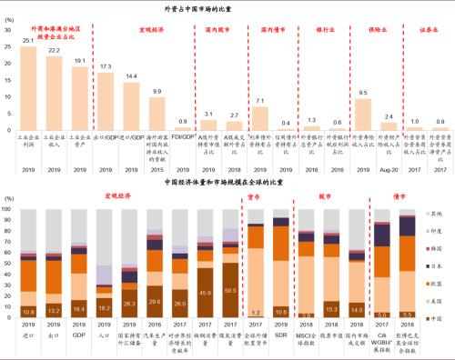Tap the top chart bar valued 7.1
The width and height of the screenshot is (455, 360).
(261, 119)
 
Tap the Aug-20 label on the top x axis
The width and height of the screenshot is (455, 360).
(389, 170)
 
